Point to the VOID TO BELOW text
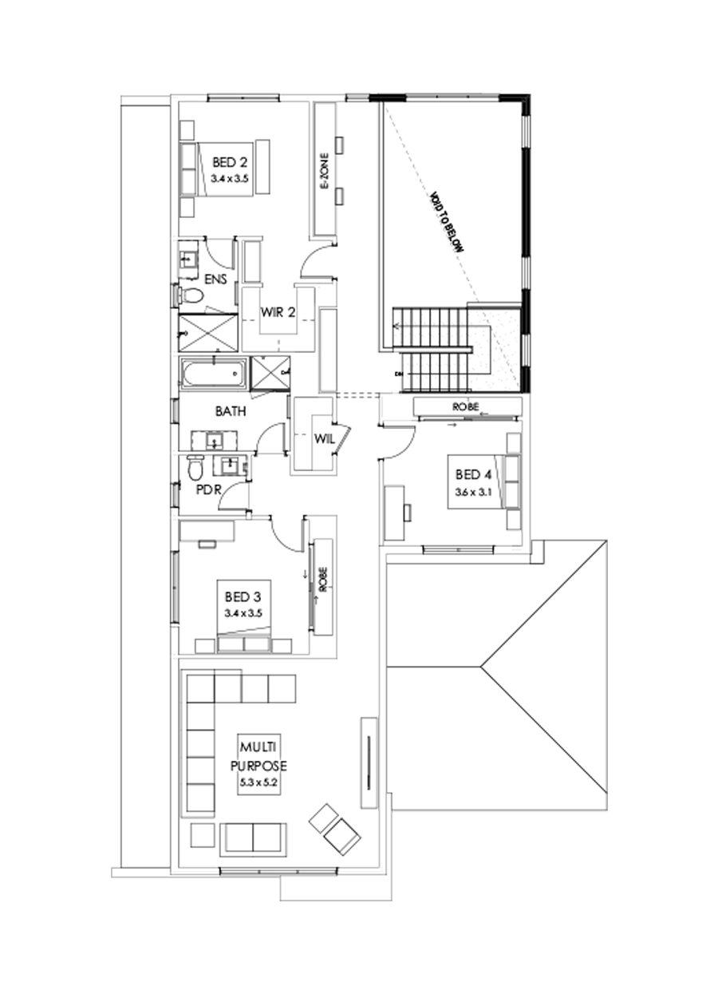pyautogui.click(x=446, y=222)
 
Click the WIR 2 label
pyautogui.click(x=280, y=312)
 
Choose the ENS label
pyautogui.click(x=215, y=279)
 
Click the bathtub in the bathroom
pyautogui.click(x=212, y=374)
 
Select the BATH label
pyautogui.click(x=230, y=412)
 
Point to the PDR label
pyautogui.click(x=208, y=489)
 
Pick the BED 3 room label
pyautogui.click(x=243, y=596)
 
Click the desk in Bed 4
pyautogui.click(x=396, y=508)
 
